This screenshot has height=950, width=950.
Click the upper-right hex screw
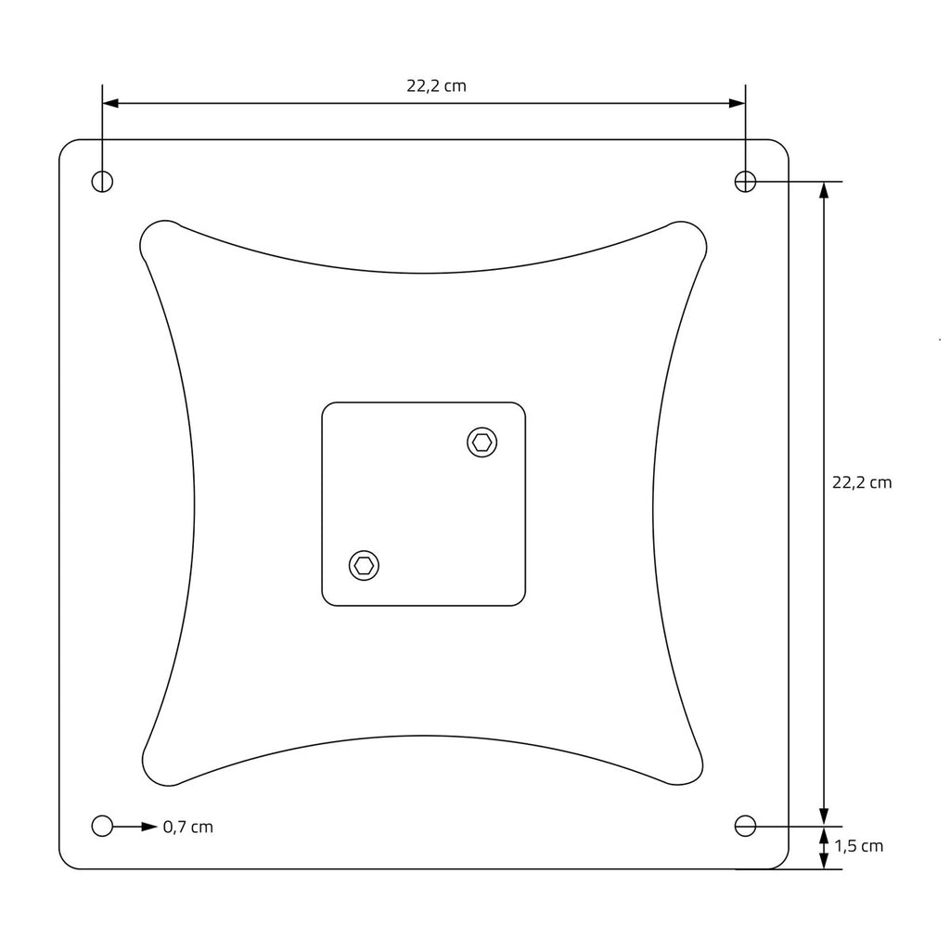[482, 443]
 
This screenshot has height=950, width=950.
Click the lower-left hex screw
[364, 566]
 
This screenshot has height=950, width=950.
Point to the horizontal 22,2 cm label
[436, 86]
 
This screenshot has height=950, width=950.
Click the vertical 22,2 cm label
[862, 482]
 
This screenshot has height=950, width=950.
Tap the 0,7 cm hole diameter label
[187, 827]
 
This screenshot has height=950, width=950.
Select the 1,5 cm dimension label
[858, 846]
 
